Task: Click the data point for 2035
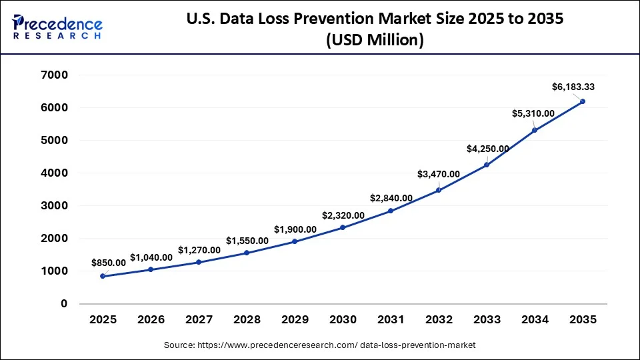pos(583,101)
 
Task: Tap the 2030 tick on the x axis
pos(343,320)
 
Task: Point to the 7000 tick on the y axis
pos(55,75)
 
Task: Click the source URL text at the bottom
pos(319,345)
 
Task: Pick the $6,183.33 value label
pos(574,87)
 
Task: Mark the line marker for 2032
pos(439,190)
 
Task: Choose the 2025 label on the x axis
pos(103,320)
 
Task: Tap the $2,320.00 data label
pos(343,215)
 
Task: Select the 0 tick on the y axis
pos(64,304)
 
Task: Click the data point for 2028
pos(247,253)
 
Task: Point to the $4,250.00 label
pos(487,149)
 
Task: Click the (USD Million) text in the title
pos(375,40)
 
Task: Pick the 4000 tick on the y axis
pos(55,173)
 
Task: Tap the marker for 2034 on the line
pos(535,130)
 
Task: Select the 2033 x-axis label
pos(487,320)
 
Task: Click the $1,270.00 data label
pos(199,250)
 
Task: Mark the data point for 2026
pos(151,269)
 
